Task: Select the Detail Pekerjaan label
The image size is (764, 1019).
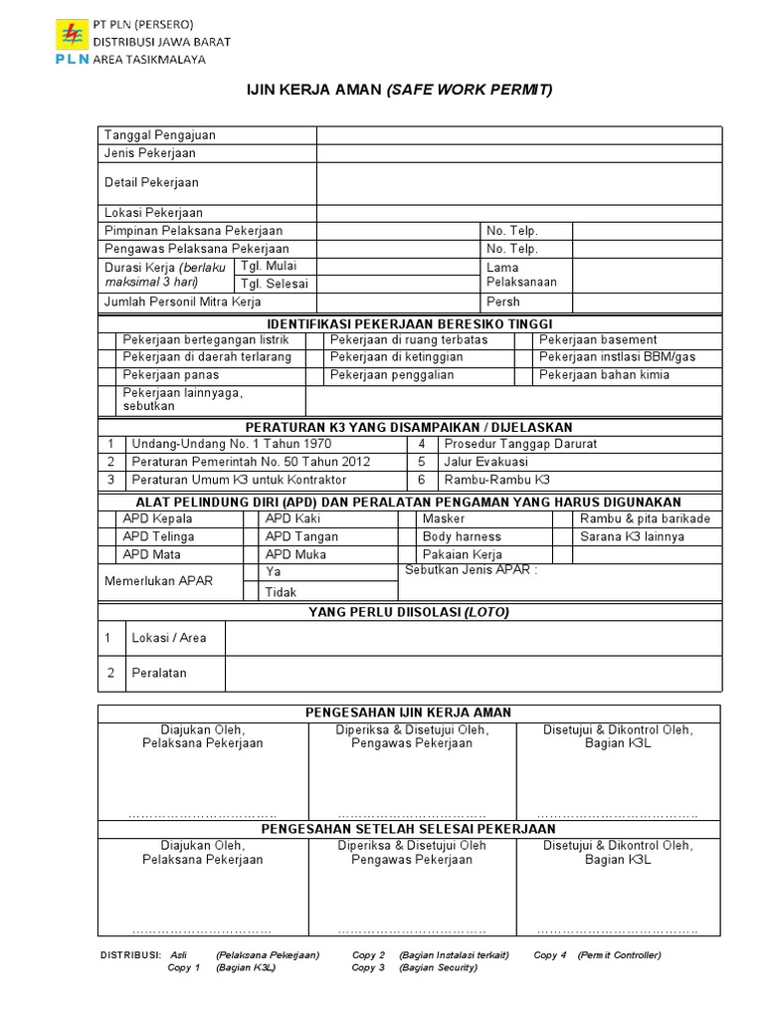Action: coord(151,183)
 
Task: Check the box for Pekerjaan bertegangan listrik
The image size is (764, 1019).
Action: coord(107,340)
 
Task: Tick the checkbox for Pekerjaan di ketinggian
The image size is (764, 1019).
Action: coord(316,358)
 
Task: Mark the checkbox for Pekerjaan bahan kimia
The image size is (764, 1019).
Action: coord(523,376)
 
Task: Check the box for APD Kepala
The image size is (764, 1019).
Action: coord(107,519)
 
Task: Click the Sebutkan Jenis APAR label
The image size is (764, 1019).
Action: coord(472,571)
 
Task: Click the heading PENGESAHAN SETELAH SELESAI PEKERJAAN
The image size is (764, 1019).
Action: coord(408,829)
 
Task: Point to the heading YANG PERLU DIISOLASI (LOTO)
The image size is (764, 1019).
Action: coord(409,613)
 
